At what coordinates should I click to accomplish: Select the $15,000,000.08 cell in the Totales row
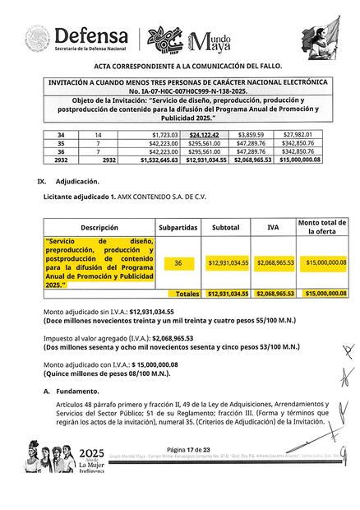[x=321, y=293]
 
